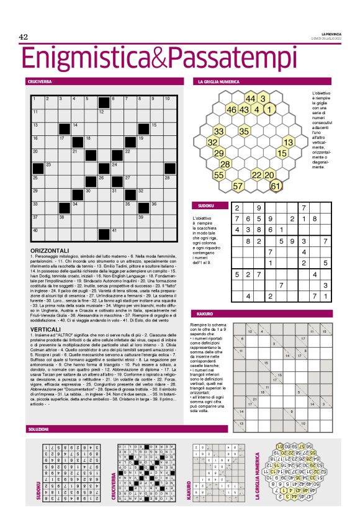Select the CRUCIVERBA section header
pos(39,81)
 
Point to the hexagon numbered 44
pos(250,99)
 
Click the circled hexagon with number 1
pos(269,110)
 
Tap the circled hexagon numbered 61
pos(276,185)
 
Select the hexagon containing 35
pos(244,131)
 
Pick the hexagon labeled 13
pos(288,142)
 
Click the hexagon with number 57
pos(238,185)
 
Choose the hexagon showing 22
pos(256,174)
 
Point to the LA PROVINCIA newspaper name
pos(330,34)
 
